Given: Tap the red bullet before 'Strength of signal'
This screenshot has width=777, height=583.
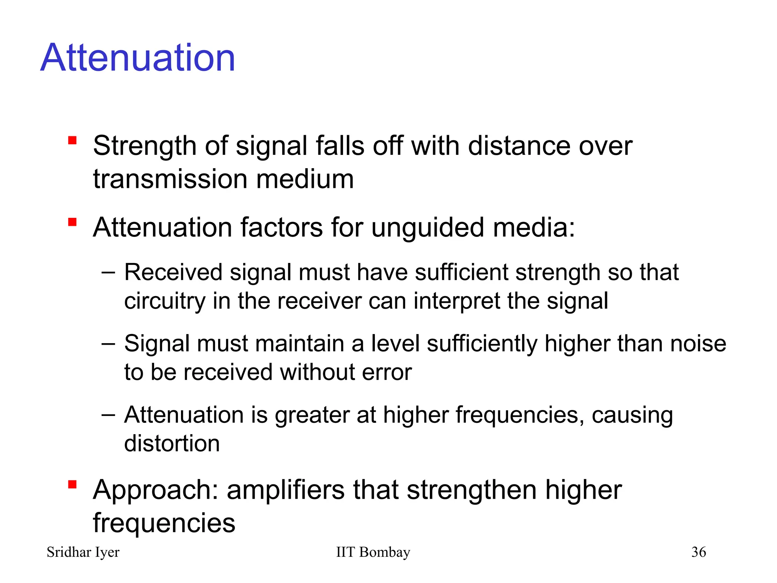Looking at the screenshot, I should (x=72, y=141).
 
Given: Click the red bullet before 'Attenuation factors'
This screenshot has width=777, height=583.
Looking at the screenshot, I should (x=72, y=222).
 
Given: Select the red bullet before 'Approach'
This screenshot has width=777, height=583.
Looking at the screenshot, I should (x=72, y=485).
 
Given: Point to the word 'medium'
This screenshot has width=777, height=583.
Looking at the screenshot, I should (x=305, y=179).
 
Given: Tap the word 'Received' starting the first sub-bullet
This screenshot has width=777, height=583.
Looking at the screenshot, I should (x=173, y=273).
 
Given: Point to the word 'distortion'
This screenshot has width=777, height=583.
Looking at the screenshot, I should (x=172, y=443).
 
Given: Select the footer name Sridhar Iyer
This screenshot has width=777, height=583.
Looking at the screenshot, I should (x=83, y=552).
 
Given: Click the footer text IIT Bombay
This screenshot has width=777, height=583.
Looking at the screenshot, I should (x=373, y=552).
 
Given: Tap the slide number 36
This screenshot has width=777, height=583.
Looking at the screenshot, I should (x=698, y=552).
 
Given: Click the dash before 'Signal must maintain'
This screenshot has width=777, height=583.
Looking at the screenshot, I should (x=108, y=343).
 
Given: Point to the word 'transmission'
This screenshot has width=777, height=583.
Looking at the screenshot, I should (x=171, y=179).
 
